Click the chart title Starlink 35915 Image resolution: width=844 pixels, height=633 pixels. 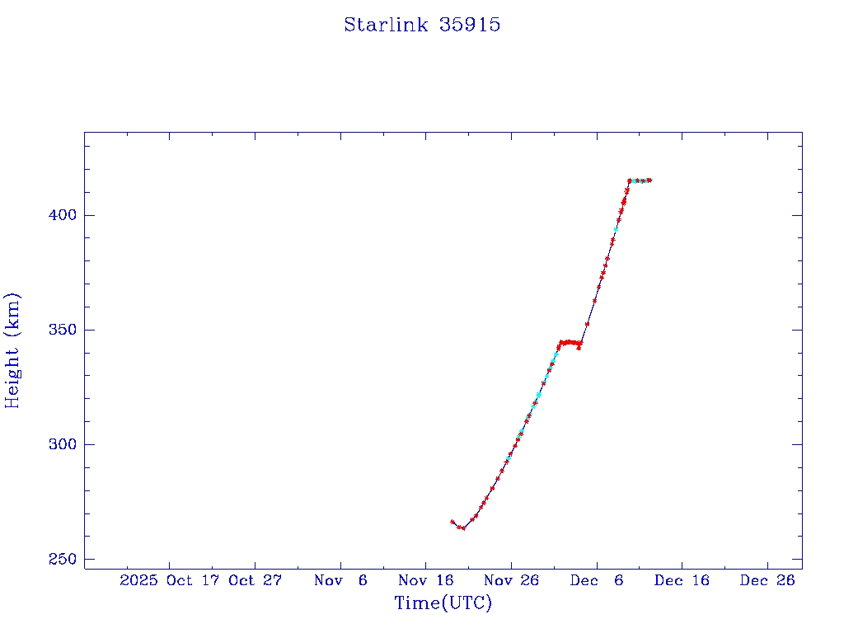tap(422, 25)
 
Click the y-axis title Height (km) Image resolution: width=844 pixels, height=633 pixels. tap(12, 350)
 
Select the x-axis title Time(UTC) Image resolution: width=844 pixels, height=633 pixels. tap(443, 603)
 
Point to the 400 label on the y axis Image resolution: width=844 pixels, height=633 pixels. tap(59, 215)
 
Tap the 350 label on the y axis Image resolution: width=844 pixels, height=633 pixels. tap(59, 330)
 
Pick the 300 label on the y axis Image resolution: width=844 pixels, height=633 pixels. tap(59, 444)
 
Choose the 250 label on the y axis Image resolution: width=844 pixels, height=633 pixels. tap(59, 559)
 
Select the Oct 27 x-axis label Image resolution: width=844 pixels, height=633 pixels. tap(256, 580)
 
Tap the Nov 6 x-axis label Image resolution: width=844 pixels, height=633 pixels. tap(340, 580)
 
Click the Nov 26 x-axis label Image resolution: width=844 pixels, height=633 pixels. tap(511, 580)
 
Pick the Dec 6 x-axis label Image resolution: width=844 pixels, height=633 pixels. tap(596, 580)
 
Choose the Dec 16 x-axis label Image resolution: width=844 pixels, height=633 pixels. tap(681, 580)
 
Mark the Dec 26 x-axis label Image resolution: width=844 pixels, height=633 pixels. tap(767, 580)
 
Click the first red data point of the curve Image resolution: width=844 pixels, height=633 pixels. tap(452, 522)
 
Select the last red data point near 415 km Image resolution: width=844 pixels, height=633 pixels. tap(649, 180)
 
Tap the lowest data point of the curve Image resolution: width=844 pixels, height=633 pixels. tap(463, 528)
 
